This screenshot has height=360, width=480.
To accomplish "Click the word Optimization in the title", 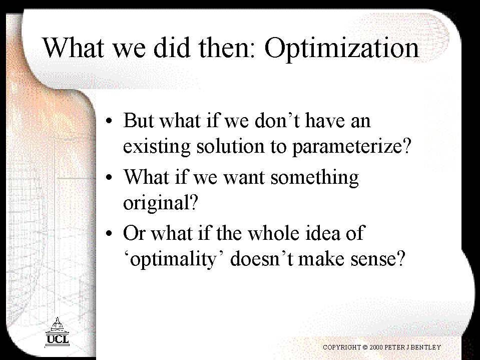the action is (x=342, y=49).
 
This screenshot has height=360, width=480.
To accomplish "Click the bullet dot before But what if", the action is (x=109, y=121).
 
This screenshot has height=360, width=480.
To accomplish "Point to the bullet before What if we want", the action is (x=109, y=177).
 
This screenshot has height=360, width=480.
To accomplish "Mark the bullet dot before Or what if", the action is (x=109, y=233).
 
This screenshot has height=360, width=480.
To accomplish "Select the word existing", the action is (x=157, y=147).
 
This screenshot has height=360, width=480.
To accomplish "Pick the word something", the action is (x=315, y=178).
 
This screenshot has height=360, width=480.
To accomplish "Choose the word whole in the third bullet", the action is (x=273, y=233).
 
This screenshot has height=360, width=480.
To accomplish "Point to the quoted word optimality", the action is (x=175, y=259).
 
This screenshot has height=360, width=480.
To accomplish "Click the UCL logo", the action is (x=57, y=332).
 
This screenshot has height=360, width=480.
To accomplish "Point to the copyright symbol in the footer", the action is (x=365, y=347).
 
